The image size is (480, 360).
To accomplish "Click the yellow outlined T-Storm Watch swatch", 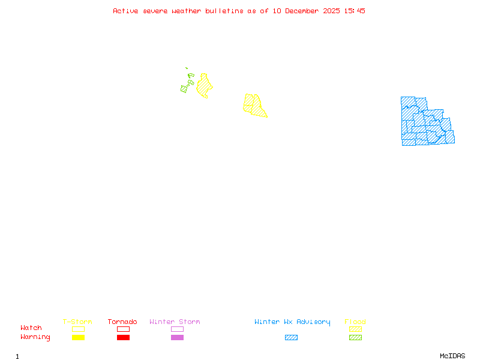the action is tap(78, 329).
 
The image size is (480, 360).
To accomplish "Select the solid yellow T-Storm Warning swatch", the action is tap(78, 338).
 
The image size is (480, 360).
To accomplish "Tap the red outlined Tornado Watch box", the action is tap(123, 329).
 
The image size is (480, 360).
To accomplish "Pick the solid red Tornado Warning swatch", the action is tap(123, 338).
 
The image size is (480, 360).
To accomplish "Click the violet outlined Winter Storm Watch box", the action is tap(177, 329).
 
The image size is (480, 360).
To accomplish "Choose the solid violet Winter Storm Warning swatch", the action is tap(177, 338).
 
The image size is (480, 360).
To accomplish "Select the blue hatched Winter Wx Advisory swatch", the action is tap(291, 338).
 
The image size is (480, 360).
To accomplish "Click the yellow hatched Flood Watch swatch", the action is tap(355, 329).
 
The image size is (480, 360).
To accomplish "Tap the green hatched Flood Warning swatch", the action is tap(355, 338).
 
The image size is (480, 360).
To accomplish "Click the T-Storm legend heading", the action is tap(77, 322).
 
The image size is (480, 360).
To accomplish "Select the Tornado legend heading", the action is tap(122, 322).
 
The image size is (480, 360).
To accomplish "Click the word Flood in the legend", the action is tap(355, 322).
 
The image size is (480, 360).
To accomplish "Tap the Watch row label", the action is tap(31, 328).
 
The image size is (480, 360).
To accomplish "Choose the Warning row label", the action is tap(35, 337).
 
